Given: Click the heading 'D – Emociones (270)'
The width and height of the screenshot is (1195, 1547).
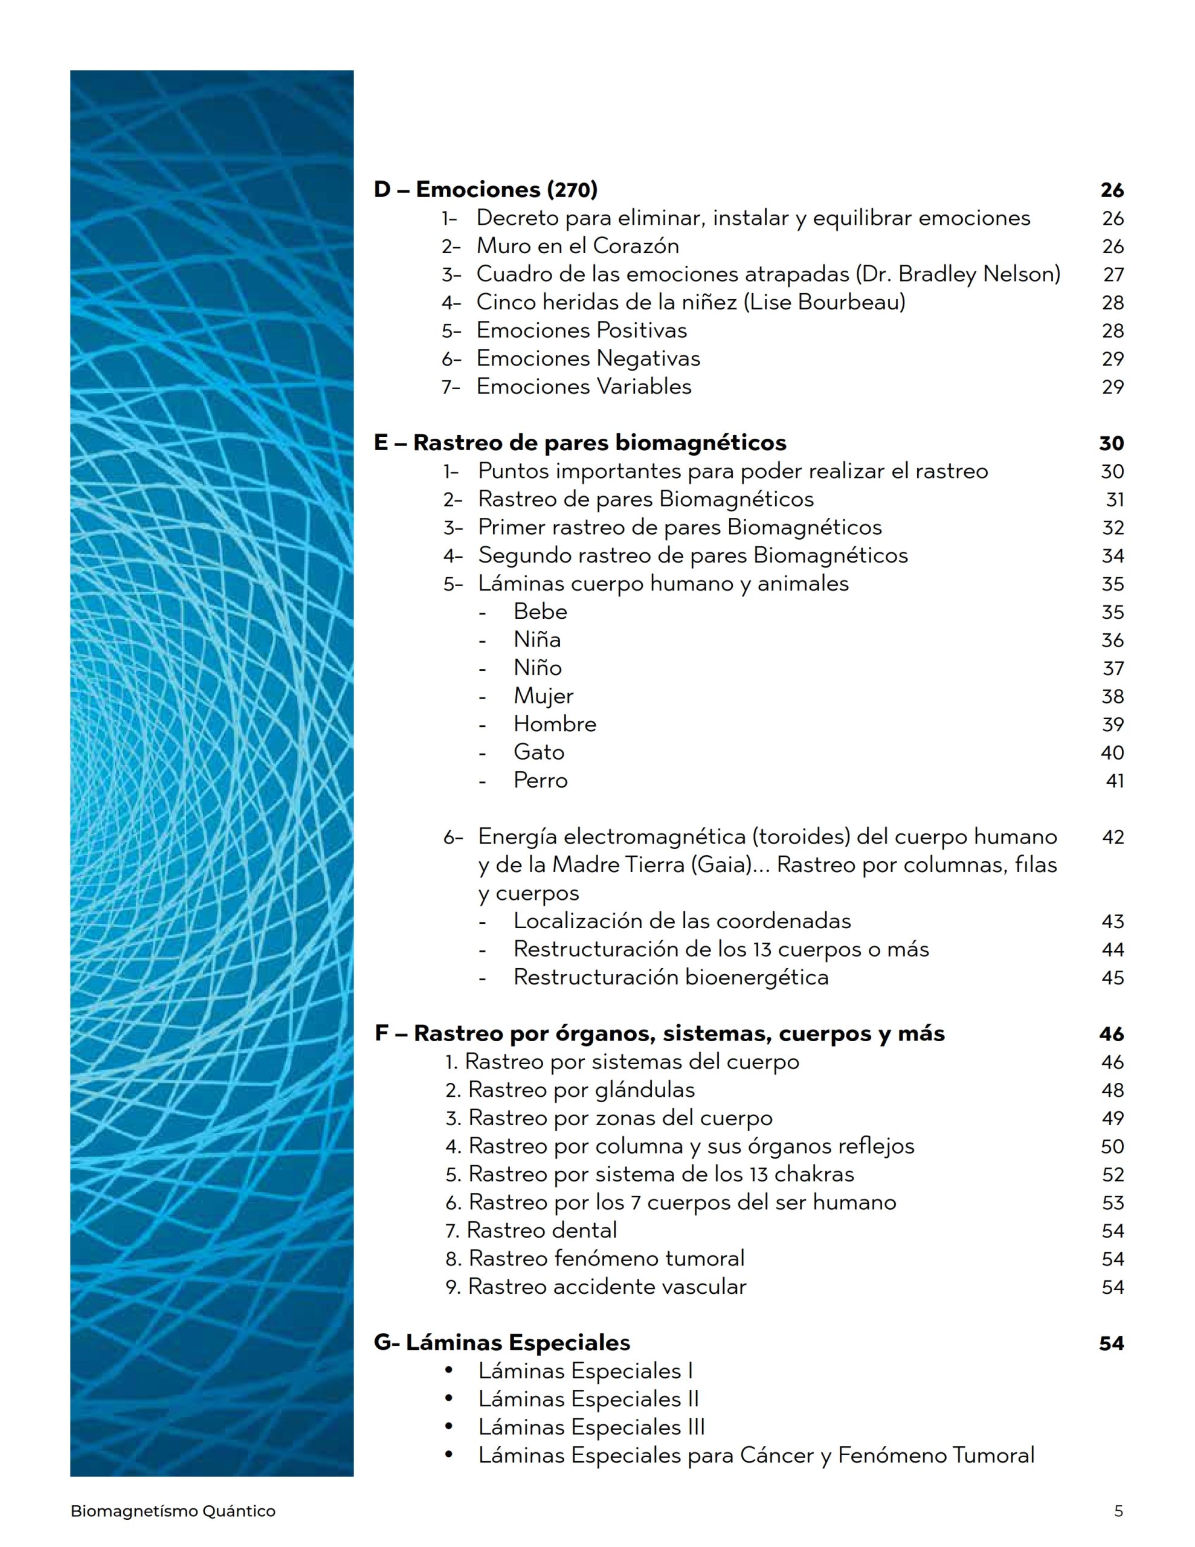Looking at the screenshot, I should click(485, 190).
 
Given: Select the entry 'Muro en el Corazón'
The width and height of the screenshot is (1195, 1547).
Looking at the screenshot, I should click(578, 246).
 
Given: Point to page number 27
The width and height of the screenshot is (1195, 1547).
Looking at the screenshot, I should click(1113, 275).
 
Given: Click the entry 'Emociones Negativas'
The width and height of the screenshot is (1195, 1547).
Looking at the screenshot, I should click(588, 358).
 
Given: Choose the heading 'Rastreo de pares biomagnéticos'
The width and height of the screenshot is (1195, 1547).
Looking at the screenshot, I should click(599, 443).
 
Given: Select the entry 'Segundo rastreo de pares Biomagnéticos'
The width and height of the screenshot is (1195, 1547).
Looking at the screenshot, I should click(692, 555).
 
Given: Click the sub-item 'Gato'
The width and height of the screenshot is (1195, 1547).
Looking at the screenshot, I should click(538, 752).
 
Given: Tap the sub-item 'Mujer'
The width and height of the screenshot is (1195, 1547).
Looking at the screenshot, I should click(543, 696).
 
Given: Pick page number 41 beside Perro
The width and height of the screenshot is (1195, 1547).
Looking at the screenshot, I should click(1114, 781).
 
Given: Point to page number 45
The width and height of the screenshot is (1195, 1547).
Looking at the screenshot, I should click(1113, 978).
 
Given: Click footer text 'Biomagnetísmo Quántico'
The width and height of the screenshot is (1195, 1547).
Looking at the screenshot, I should click(173, 1511).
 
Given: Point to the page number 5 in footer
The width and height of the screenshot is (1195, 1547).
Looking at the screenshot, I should click(1118, 1511).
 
